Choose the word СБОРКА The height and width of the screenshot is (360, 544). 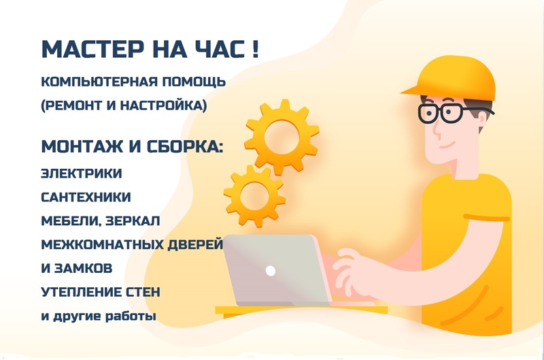(x=184, y=146)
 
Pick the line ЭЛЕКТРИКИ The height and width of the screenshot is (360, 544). (x=82, y=174)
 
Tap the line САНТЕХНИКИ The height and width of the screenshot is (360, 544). (x=86, y=197)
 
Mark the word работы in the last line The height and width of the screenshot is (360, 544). (x=131, y=316)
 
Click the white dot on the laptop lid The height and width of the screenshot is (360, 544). (x=270, y=270)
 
